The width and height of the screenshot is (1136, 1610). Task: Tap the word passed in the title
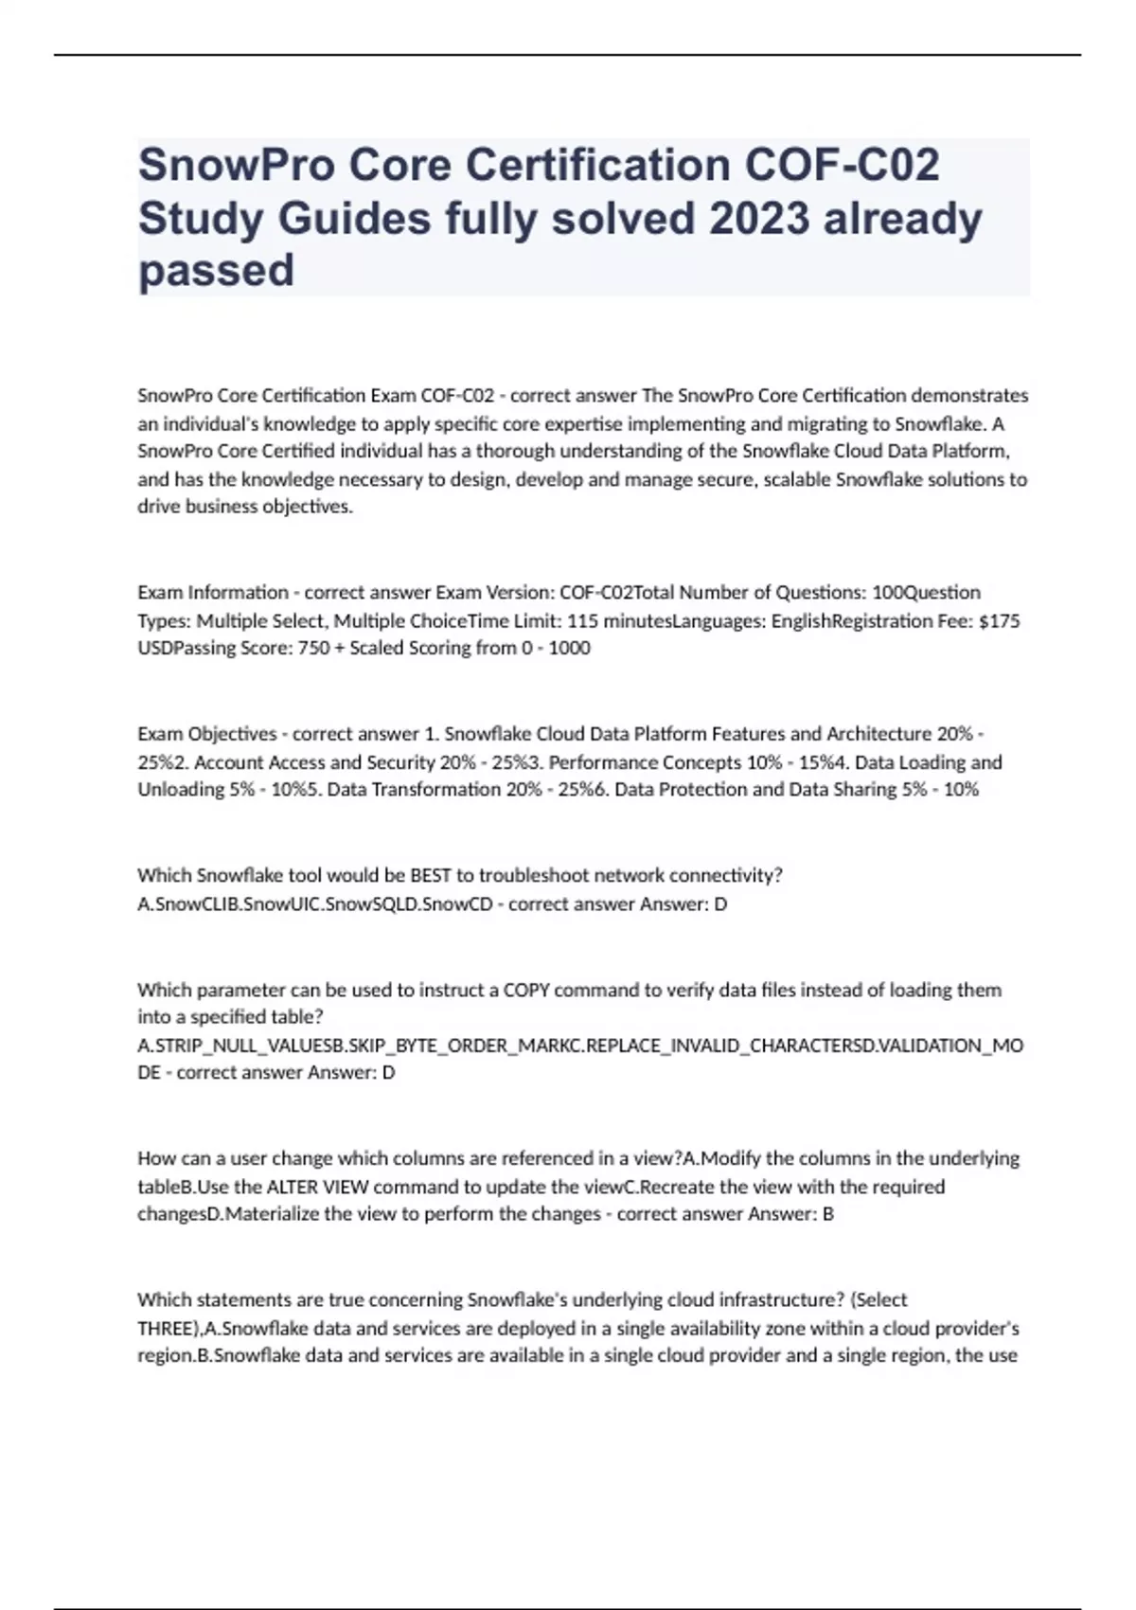(216, 271)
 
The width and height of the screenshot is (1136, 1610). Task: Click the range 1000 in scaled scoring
(569, 649)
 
